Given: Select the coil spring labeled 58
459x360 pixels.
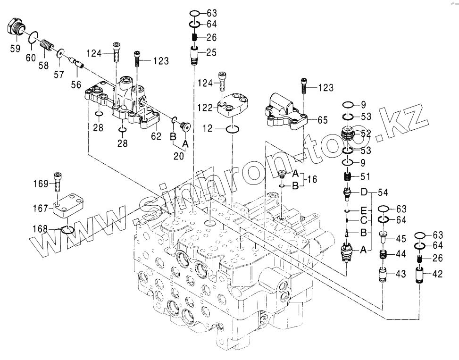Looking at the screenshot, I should click(46, 46).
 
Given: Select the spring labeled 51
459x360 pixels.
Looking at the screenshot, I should click(348, 177).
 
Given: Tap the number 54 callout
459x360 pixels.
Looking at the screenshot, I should click(382, 192).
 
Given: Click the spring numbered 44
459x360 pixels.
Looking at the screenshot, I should click(384, 255).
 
